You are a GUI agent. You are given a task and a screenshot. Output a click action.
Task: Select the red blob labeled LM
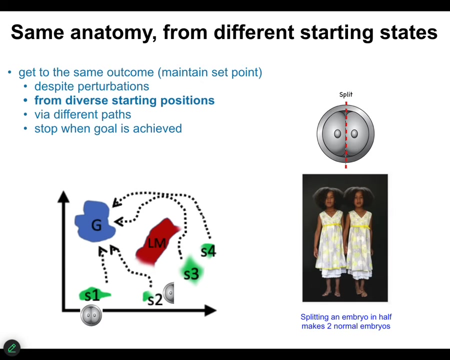pyautogui.click(x=157, y=242)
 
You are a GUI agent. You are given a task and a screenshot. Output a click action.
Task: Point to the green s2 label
pyautogui.click(x=154, y=298)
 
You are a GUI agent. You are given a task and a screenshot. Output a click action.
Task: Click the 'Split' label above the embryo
pyautogui.click(x=345, y=94)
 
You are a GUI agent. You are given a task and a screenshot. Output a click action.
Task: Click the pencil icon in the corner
pyautogui.click(x=11, y=348)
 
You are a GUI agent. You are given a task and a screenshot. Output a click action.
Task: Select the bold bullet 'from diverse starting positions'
pyautogui.click(x=124, y=100)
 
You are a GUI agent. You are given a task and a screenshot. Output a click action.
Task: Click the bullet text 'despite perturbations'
pyautogui.click(x=91, y=86)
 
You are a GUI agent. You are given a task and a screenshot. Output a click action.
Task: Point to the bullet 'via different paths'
pyautogui.click(x=82, y=114)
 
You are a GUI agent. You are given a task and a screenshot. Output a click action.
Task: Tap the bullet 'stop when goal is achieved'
pyautogui.click(x=108, y=128)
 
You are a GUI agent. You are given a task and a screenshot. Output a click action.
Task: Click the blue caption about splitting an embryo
pyautogui.click(x=345, y=321)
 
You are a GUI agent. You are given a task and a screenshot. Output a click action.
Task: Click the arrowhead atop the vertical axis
pyautogui.click(x=63, y=196)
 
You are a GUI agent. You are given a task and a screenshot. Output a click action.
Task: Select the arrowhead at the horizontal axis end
pyautogui.click(x=210, y=310)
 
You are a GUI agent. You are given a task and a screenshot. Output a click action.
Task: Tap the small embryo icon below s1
pyautogui.click(x=91, y=315)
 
